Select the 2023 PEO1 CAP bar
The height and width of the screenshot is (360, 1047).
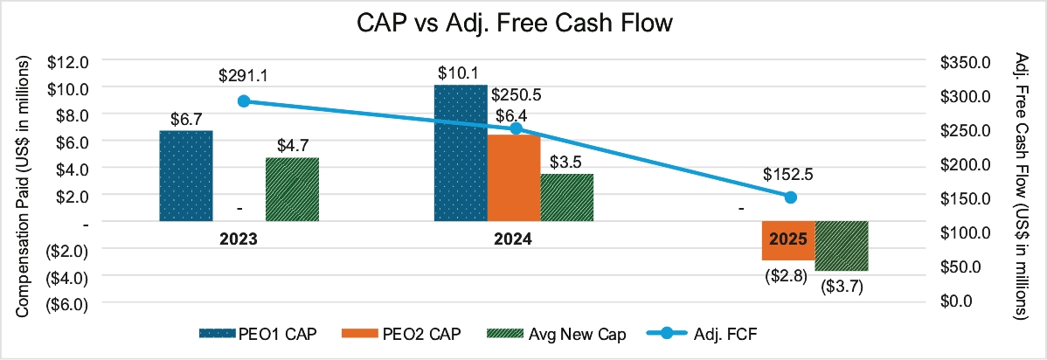185,176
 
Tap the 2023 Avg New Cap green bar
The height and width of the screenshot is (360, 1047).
292,189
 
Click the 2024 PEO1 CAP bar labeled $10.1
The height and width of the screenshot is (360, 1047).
461,153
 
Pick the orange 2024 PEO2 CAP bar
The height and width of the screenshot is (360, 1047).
513,178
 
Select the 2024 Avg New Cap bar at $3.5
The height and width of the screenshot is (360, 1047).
566,197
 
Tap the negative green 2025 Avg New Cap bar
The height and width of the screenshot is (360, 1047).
842,246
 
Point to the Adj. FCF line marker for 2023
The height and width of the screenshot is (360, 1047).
244,101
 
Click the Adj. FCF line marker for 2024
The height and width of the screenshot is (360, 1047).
516,128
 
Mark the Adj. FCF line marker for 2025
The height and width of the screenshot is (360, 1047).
790,197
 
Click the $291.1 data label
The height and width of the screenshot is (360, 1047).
244,76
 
